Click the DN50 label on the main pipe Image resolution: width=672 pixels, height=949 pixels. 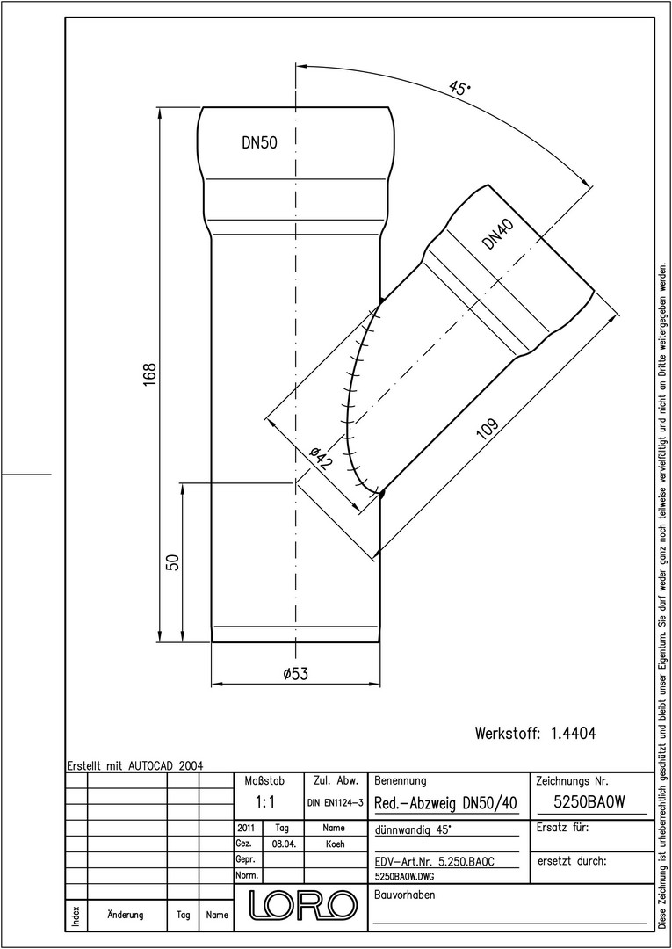click(259, 143)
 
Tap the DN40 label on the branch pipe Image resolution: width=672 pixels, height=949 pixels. click(498, 235)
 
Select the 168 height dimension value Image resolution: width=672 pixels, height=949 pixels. click(150, 375)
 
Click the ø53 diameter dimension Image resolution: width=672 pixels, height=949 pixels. click(296, 674)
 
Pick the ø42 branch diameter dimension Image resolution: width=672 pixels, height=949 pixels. click(321, 458)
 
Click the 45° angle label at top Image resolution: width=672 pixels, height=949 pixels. click(460, 88)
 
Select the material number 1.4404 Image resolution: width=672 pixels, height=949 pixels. click(574, 734)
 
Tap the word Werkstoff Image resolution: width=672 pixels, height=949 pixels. click(507, 734)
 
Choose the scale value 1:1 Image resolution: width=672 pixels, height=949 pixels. click(265, 802)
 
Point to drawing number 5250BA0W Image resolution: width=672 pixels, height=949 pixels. click(589, 802)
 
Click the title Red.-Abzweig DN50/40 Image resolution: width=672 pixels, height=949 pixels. click(445, 803)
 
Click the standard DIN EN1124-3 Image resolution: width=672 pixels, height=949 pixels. click(335, 803)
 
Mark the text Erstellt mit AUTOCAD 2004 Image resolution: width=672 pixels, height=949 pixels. click(135, 765)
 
